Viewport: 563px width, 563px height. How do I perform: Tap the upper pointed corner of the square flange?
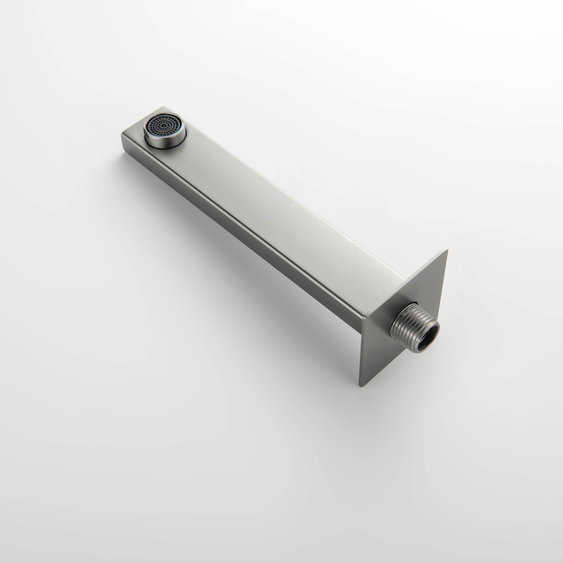point(447,250)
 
